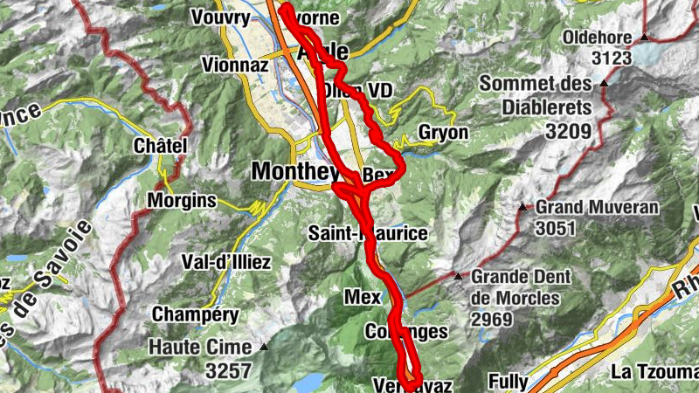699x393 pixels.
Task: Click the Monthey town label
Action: click(x=294, y=171)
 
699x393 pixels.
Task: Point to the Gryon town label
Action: click(x=444, y=133)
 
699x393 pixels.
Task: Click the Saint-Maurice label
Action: click(x=369, y=233)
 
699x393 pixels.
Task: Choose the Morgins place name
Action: click(x=182, y=200)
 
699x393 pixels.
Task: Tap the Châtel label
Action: click(x=161, y=146)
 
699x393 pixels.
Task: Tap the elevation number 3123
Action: click(x=611, y=59)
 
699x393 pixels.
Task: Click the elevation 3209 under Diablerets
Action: click(x=569, y=131)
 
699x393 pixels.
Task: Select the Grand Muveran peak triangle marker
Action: click(x=523, y=208)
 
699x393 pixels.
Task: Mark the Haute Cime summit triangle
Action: click(x=264, y=347)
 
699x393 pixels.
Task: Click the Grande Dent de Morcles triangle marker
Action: click(x=459, y=276)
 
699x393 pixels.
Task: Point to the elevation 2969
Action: click(x=490, y=319)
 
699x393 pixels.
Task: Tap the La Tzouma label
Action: click(x=655, y=372)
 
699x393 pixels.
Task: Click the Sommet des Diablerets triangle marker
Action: click(x=604, y=84)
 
